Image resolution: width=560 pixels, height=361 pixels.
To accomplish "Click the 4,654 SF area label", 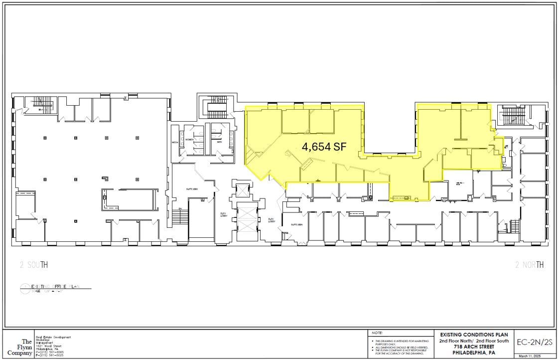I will click(x=324, y=147).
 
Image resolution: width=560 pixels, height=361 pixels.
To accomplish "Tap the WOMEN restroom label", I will click(x=189, y=140).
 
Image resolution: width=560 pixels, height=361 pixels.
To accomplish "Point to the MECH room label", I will click(x=175, y=143).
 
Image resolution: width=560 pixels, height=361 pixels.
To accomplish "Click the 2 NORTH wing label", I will click(x=530, y=265).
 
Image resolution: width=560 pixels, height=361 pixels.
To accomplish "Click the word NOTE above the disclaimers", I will click(x=377, y=333).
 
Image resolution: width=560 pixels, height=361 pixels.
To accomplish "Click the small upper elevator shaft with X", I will click(x=243, y=190).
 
